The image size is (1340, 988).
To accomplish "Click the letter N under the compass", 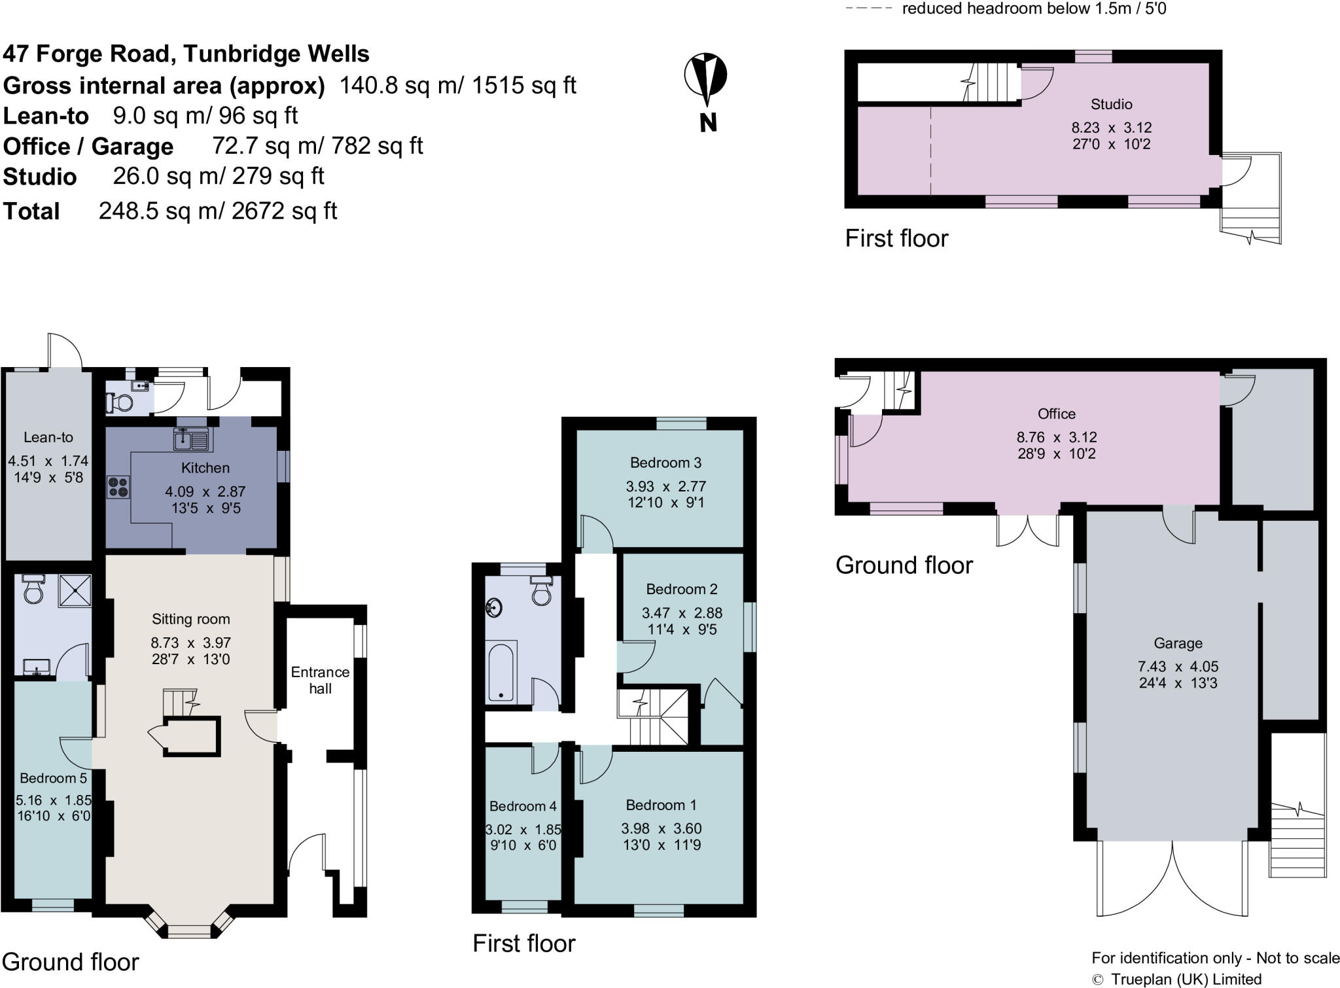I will (708, 122).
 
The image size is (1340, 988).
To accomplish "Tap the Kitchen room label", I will (205, 468).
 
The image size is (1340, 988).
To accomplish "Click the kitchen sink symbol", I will (192, 439).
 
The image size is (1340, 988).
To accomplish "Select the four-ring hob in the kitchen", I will (118, 487).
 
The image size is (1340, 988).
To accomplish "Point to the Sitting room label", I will (190, 619).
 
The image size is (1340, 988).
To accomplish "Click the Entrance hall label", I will (320, 680).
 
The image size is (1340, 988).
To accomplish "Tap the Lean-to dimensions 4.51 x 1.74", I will (48, 461).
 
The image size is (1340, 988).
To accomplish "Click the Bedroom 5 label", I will (53, 778).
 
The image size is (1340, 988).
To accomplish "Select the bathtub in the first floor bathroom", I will (501, 672).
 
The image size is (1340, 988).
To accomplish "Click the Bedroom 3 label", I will (665, 463).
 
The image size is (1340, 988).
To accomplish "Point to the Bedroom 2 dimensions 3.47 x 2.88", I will (682, 613).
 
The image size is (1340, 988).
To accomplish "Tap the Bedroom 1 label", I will (661, 805).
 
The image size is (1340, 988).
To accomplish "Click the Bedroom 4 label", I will (523, 806).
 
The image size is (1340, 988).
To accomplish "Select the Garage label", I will (1178, 643).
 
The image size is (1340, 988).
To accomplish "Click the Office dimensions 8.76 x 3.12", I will (1056, 437).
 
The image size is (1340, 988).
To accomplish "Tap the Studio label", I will (1111, 104).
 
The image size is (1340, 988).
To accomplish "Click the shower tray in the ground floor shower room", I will (75, 591).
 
